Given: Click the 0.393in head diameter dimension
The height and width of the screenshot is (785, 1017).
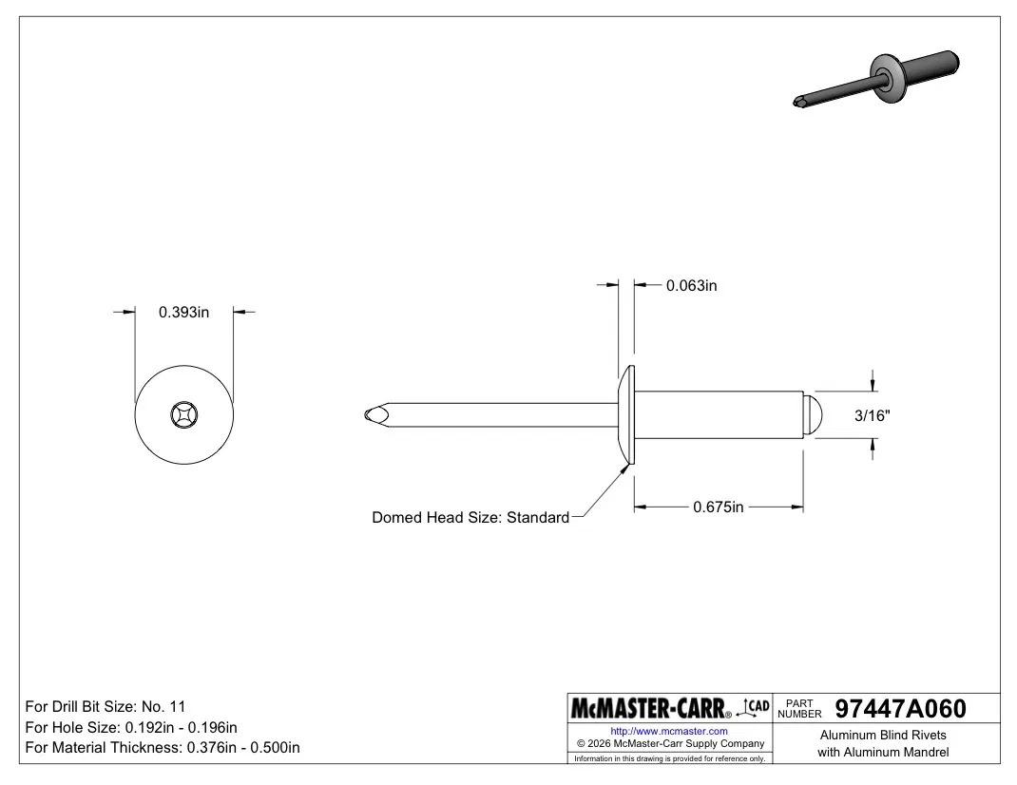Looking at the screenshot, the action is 183,312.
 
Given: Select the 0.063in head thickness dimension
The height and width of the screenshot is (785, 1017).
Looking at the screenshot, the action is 691,285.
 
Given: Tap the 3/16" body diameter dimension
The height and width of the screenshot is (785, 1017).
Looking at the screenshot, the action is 873,415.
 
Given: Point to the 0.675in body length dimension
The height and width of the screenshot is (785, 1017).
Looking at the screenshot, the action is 718,507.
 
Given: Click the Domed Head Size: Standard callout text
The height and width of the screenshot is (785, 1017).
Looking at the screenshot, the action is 470,517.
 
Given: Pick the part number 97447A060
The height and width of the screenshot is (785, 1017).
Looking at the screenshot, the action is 900,708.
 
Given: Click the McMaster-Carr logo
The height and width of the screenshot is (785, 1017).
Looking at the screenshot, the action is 650,708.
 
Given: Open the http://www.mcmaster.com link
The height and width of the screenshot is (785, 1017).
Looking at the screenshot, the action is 669,731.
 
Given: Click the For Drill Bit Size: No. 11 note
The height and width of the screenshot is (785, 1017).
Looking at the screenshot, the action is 106,706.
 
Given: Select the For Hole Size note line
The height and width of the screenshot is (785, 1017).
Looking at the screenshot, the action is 131,727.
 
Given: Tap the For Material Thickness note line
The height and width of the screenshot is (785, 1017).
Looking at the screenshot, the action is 163,747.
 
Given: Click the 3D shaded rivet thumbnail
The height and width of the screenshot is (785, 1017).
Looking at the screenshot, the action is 876,79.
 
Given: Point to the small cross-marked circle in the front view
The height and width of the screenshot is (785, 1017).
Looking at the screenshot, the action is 184,414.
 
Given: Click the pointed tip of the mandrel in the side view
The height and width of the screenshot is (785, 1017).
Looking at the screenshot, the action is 366,414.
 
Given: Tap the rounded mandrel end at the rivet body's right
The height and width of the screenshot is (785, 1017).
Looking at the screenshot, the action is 814,415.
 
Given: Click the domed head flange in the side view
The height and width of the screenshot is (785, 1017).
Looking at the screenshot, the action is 626,414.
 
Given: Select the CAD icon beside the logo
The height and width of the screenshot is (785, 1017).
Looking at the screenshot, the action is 754,708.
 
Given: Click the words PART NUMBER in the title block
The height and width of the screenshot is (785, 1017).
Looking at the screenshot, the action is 799,708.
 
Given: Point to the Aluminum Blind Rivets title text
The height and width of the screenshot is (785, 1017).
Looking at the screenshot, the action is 883,735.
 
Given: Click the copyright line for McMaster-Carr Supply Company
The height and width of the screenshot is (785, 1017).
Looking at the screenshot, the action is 671,743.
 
